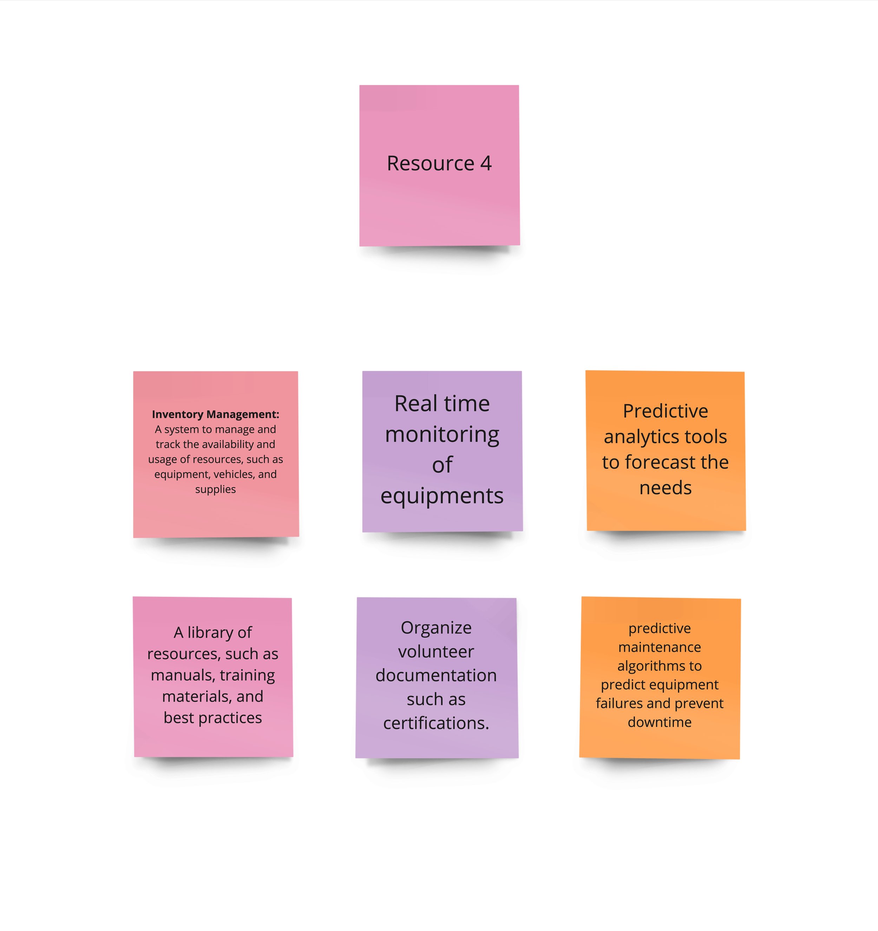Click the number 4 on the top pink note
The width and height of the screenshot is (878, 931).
486,164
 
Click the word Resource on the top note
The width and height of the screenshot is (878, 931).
431,164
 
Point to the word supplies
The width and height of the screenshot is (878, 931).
216,489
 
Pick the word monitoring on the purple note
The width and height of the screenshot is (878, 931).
442,435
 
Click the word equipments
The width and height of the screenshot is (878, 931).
442,495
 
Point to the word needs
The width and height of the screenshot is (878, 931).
665,488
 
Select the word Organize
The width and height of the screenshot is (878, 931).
436,628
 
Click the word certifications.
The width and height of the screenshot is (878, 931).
436,723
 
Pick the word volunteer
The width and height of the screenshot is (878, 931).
436,652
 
